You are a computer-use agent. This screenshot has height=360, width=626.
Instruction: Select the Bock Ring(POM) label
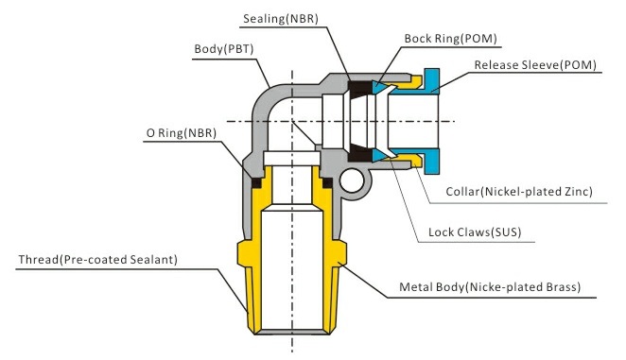point(451,39)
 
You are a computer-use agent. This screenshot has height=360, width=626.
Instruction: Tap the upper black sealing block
point(359,90)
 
